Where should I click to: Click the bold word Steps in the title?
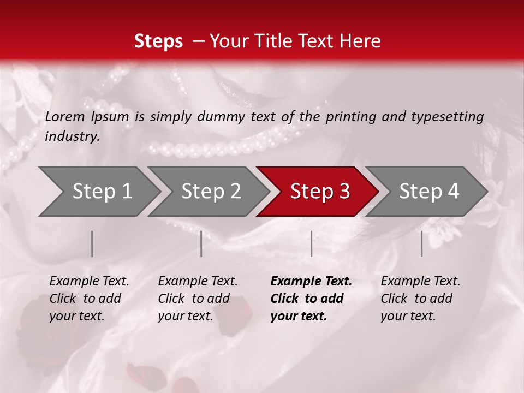(x=158, y=41)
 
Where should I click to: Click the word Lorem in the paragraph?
(x=65, y=116)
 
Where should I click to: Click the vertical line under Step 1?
(x=92, y=243)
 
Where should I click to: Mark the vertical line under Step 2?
(x=201, y=243)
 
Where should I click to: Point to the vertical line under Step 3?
(x=312, y=243)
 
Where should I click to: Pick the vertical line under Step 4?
(x=422, y=243)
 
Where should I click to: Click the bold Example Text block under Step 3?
(x=311, y=299)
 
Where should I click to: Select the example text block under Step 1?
(x=89, y=299)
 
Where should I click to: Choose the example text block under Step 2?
(x=198, y=299)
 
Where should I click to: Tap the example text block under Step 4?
(x=420, y=299)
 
